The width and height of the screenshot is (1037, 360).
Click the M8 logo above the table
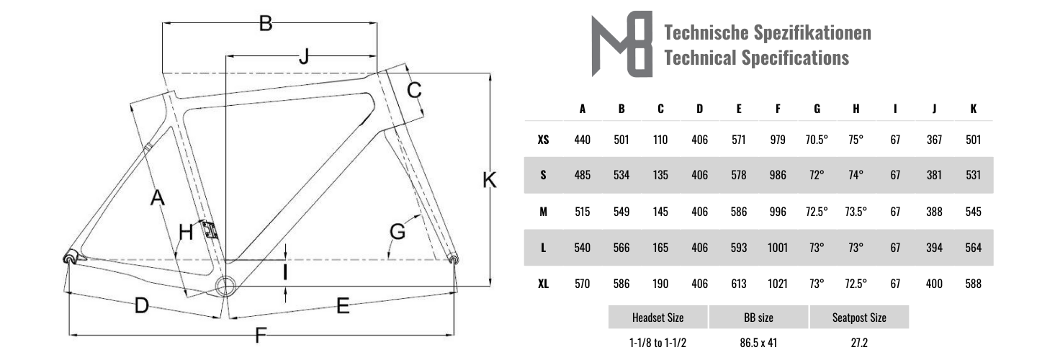point(621,44)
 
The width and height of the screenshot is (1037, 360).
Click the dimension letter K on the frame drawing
point(490,181)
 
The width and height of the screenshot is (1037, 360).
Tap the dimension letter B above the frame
point(266,24)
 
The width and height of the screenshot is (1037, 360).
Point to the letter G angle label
point(398,232)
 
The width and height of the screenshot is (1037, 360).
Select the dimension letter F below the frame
point(261,335)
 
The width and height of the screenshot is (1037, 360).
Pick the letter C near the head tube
point(414,90)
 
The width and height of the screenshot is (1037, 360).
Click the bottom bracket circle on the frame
point(225,284)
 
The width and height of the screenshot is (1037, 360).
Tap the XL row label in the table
point(543,284)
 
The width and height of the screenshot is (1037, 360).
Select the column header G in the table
point(817,109)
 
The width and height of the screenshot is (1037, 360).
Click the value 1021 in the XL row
point(777,284)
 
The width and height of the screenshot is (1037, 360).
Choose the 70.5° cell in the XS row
point(817,140)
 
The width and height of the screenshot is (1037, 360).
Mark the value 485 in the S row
point(582,176)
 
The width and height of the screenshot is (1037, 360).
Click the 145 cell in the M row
point(660,212)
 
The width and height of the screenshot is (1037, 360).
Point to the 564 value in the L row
point(973,248)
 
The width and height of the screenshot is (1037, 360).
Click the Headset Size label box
point(657,318)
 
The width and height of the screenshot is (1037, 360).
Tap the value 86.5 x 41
point(758,343)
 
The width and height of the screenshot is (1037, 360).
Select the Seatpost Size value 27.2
point(858,343)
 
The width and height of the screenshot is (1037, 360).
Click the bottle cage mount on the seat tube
point(210,230)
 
